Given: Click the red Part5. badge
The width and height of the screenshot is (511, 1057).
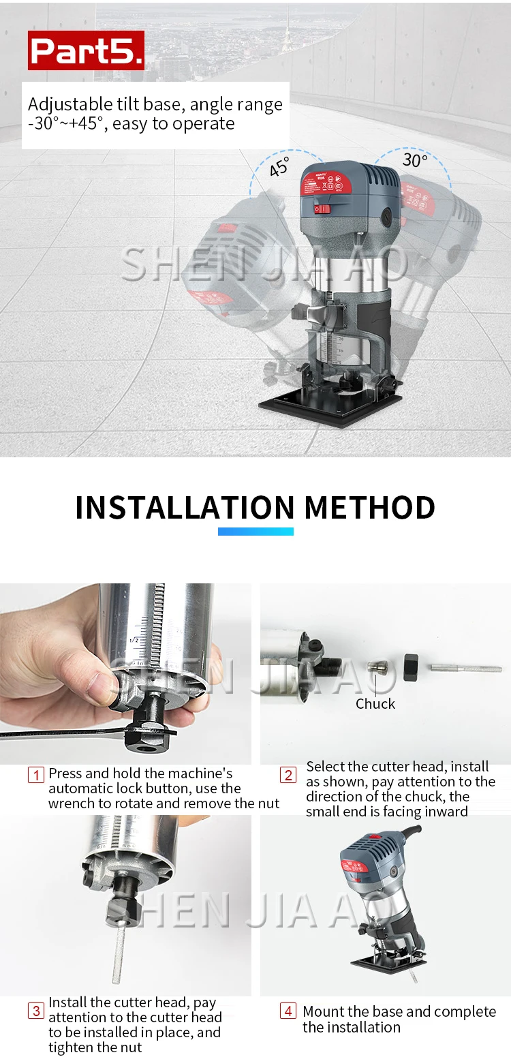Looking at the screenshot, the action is [86, 50].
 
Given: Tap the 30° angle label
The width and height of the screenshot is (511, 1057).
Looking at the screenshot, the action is [415, 160].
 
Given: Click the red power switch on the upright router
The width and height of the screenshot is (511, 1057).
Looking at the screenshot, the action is [321, 209].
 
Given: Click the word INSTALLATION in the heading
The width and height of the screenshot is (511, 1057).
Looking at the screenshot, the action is [185, 508].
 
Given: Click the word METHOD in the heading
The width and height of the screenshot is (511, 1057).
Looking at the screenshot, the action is [369, 508].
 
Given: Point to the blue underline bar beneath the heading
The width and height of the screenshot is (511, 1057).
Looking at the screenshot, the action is [255, 532].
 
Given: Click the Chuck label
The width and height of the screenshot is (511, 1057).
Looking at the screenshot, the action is [375, 703].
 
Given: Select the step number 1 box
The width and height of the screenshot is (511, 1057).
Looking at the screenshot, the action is [36, 775].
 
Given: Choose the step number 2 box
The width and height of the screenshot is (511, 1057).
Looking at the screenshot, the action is [288, 775].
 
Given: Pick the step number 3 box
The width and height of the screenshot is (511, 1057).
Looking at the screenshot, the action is [36, 1011].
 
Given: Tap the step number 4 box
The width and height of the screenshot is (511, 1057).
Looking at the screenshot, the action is [288, 1011].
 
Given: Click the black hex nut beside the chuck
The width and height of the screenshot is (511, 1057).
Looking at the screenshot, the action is [410, 667].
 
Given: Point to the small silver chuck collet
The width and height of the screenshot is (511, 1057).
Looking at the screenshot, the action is [378, 668].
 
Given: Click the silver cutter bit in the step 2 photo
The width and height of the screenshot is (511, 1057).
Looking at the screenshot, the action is [465, 668].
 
